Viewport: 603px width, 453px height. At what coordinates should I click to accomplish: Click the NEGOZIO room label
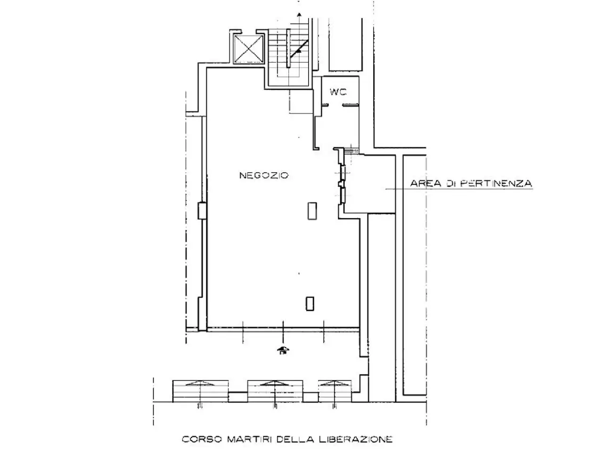[x=264, y=175]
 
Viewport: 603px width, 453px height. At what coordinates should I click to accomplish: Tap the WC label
[x=338, y=92]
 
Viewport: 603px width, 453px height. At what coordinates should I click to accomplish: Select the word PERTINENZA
[x=496, y=184]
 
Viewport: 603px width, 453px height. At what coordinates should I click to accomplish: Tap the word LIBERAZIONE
[x=356, y=439]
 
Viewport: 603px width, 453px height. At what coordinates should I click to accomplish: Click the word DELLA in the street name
[x=295, y=439]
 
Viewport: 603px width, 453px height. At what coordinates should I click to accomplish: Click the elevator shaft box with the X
[x=249, y=49]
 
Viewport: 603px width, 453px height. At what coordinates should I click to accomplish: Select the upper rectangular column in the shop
[x=312, y=211]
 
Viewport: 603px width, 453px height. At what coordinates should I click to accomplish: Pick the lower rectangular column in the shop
[x=310, y=303]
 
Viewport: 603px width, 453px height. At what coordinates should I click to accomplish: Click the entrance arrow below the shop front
[x=283, y=350]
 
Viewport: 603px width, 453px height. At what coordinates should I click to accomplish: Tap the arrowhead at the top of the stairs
[x=299, y=14]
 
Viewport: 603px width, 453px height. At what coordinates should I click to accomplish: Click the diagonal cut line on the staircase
[x=299, y=49]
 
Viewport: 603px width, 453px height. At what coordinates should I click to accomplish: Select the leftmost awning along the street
[x=200, y=391]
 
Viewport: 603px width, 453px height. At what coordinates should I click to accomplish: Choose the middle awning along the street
[x=275, y=391]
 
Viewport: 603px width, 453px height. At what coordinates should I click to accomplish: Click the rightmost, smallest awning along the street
[x=334, y=391]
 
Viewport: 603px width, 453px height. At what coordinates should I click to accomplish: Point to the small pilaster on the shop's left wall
[x=202, y=210]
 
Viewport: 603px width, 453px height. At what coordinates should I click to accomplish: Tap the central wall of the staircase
[x=288, y=48]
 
